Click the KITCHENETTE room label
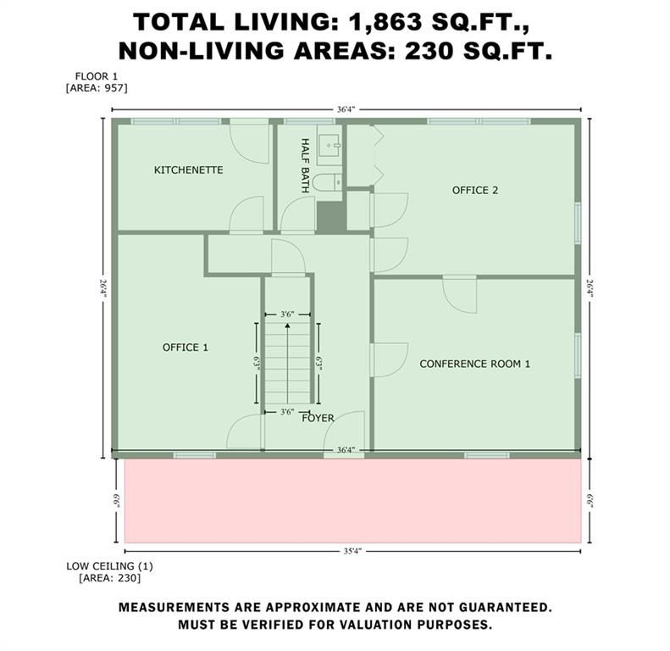pos(188,170)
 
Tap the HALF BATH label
pos(305,165)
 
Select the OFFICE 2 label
pos(475,191)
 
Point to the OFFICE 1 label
pos(185,348)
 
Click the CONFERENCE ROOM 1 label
pos(474,364)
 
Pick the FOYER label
pos(318,418)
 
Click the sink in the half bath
pos(329,146)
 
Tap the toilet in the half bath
pos(327,183)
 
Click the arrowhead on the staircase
pos(288,326)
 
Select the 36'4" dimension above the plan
pos(346,109)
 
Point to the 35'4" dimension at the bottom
pos(352,551)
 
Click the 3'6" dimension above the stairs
pos(288,314)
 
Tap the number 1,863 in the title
pos(386,22)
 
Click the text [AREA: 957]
pos(97,88)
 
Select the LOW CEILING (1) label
pos(109,566)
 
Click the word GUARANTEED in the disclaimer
pos(506,608)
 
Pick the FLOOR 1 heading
pos(97,76)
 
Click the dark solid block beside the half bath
pos(331,217)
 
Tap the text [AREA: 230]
pos(110,578)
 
